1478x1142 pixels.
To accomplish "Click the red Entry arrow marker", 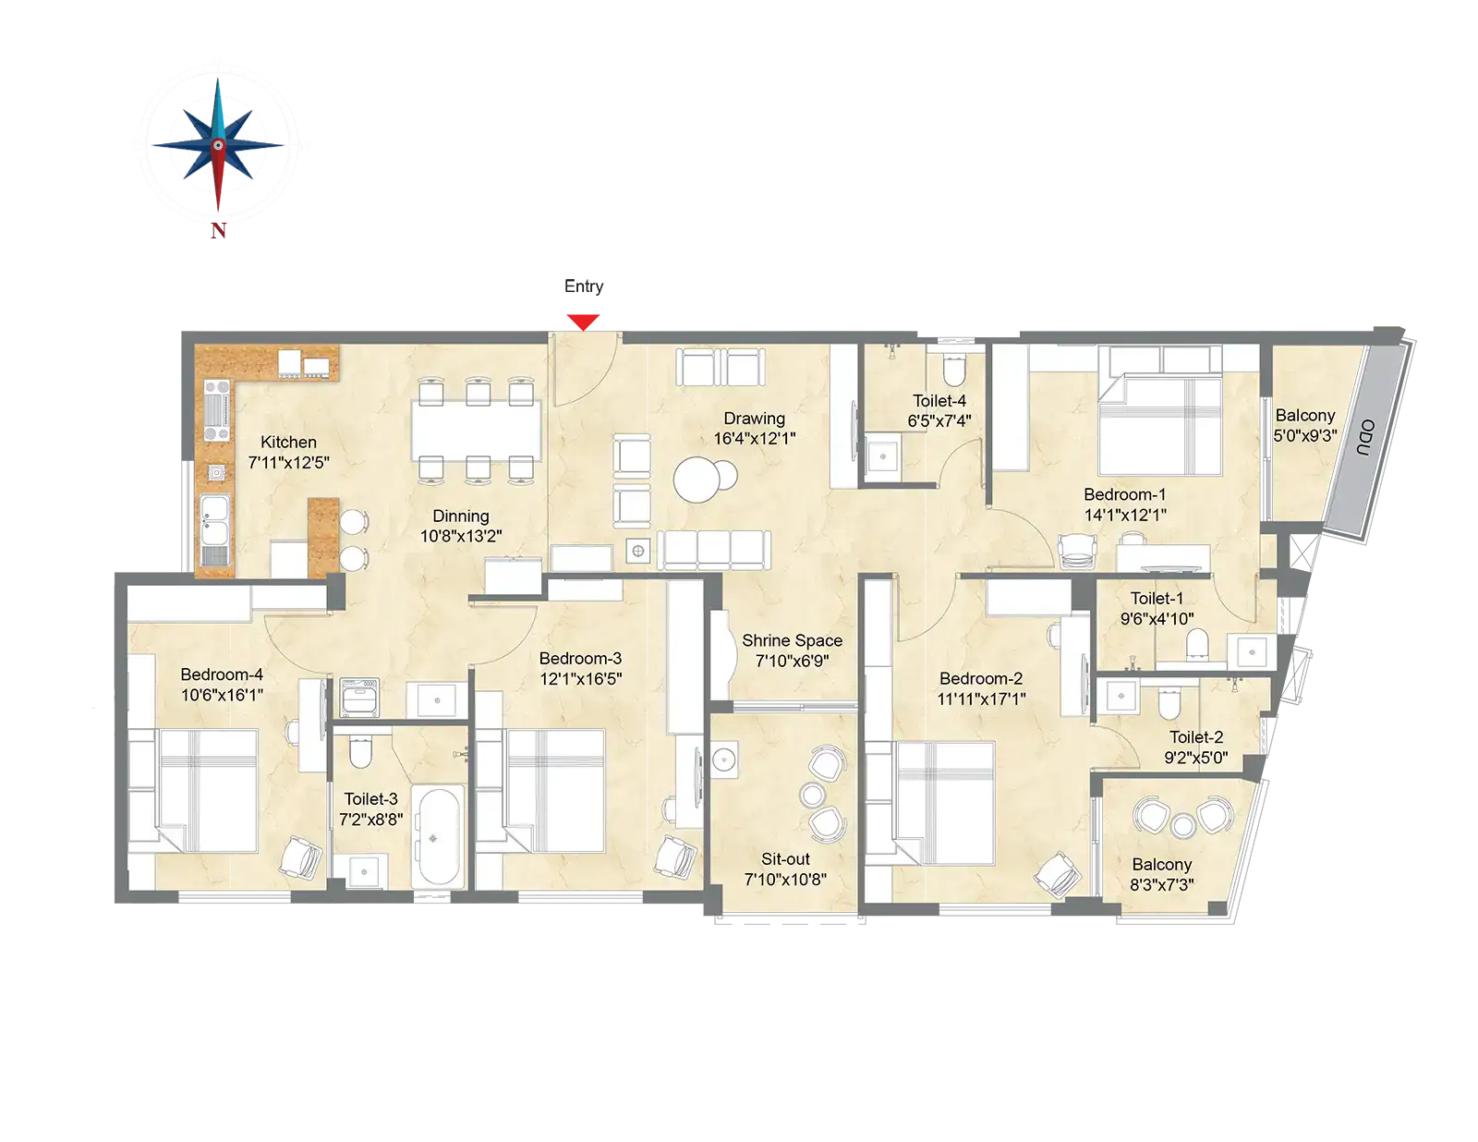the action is pyautogui.click(x=583, y=322).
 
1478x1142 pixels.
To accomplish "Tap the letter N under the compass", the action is pyautogui.click(x=218, y=231).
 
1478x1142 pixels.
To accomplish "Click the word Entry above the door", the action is pyautogui.click(x=584, y=286).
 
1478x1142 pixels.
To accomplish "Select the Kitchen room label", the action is pyautogui.click(x=288, y=442).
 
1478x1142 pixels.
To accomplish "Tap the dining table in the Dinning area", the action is pyautogui.click(x=476, y=431).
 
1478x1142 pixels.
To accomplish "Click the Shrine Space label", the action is pyautogui.click(x=792, y=640).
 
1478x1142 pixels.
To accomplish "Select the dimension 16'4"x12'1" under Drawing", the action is pyautogui.click(x=755, y=439).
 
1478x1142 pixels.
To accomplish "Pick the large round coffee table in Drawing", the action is pyautogui.click(x=696, y=480).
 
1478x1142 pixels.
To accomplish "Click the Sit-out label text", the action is pyautogui.click(x=785, y=859).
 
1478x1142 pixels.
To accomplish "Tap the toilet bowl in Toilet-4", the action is pyautogui.click(x=953, y=369).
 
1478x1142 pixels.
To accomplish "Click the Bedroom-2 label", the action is pyautogui.click(x=981, y=678).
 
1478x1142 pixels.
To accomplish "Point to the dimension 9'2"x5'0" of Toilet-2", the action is pyautogui.click(x=1195, y=758).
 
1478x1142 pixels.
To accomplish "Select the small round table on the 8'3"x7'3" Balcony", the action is pyautogui.click(x=1182, y=825).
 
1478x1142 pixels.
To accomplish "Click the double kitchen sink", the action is pyautogui.click(x=215, y=519).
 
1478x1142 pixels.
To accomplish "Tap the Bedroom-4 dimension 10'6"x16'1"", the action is pyautogui.click(x=222, y=695).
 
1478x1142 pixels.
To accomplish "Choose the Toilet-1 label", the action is pyautogui.click(x=1157, y=598).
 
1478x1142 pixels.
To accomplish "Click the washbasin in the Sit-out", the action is pyautogui.click(x=724, y=759).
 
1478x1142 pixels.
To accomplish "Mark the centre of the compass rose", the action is pyautogui.click(x=218, y=145).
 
